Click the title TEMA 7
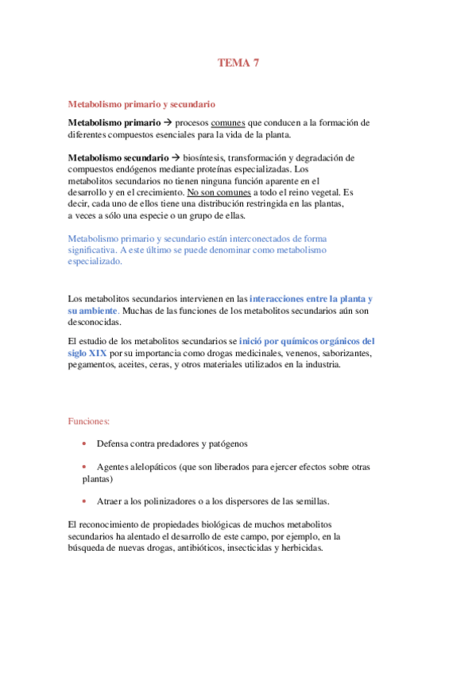[x=238, y=64]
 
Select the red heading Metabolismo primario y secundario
[x=142, y=104]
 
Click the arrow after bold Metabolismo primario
[x=167, y=123]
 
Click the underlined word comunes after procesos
[x=228, y=123]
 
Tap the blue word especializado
[x=95, y=261]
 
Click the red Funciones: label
[x=89, y=421]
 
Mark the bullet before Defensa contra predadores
[x=84, y=444]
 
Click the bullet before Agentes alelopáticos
[x=84, y=467]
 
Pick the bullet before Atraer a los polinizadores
[x=84, y=502]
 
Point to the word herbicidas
[x=300, y=548]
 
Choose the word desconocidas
[x=95, y=323]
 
